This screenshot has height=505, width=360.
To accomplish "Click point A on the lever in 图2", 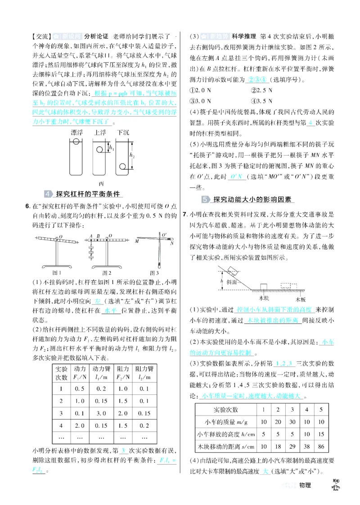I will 91,236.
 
